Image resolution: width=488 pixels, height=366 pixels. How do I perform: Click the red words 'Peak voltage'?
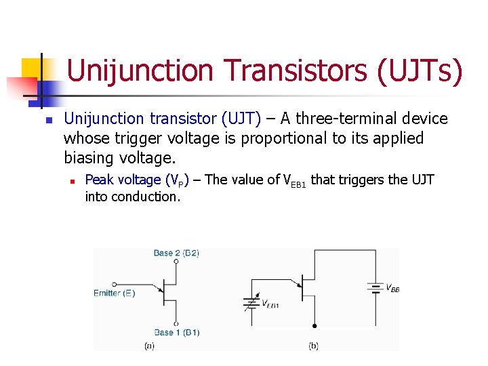tap(123, 180)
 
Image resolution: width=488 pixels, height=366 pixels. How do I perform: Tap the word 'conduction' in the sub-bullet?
tap(146, 197)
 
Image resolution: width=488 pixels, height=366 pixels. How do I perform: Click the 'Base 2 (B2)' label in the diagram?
tap(176, 253)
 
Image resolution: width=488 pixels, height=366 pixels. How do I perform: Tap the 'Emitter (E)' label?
tap(115, 293)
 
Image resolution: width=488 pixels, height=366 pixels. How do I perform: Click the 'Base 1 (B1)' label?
tap(176, 333)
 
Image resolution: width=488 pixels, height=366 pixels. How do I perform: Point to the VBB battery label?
tap(392, 288)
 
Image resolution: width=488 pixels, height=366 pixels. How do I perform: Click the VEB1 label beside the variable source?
tap(270, 304)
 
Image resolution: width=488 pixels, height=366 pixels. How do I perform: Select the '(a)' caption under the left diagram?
tap(150, 346)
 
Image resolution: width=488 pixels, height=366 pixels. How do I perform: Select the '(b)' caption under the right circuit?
tap(313, 346)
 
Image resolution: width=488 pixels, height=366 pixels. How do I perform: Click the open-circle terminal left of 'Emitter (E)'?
tap(113, 284)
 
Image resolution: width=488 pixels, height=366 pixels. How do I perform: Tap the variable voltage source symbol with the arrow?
tap(251, 303)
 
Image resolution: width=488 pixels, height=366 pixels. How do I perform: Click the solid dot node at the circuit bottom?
tap(313, 326)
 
